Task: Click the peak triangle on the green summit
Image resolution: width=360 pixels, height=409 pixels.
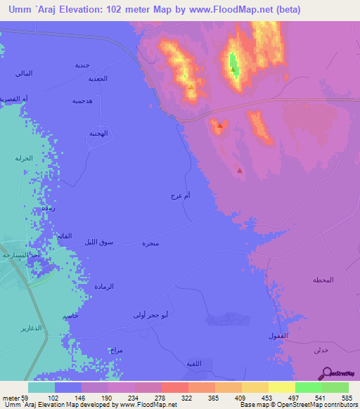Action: coord(233,70)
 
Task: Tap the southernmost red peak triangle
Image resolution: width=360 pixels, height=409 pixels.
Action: coord(240,170)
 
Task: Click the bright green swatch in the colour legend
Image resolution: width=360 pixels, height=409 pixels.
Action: coord(309,387)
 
